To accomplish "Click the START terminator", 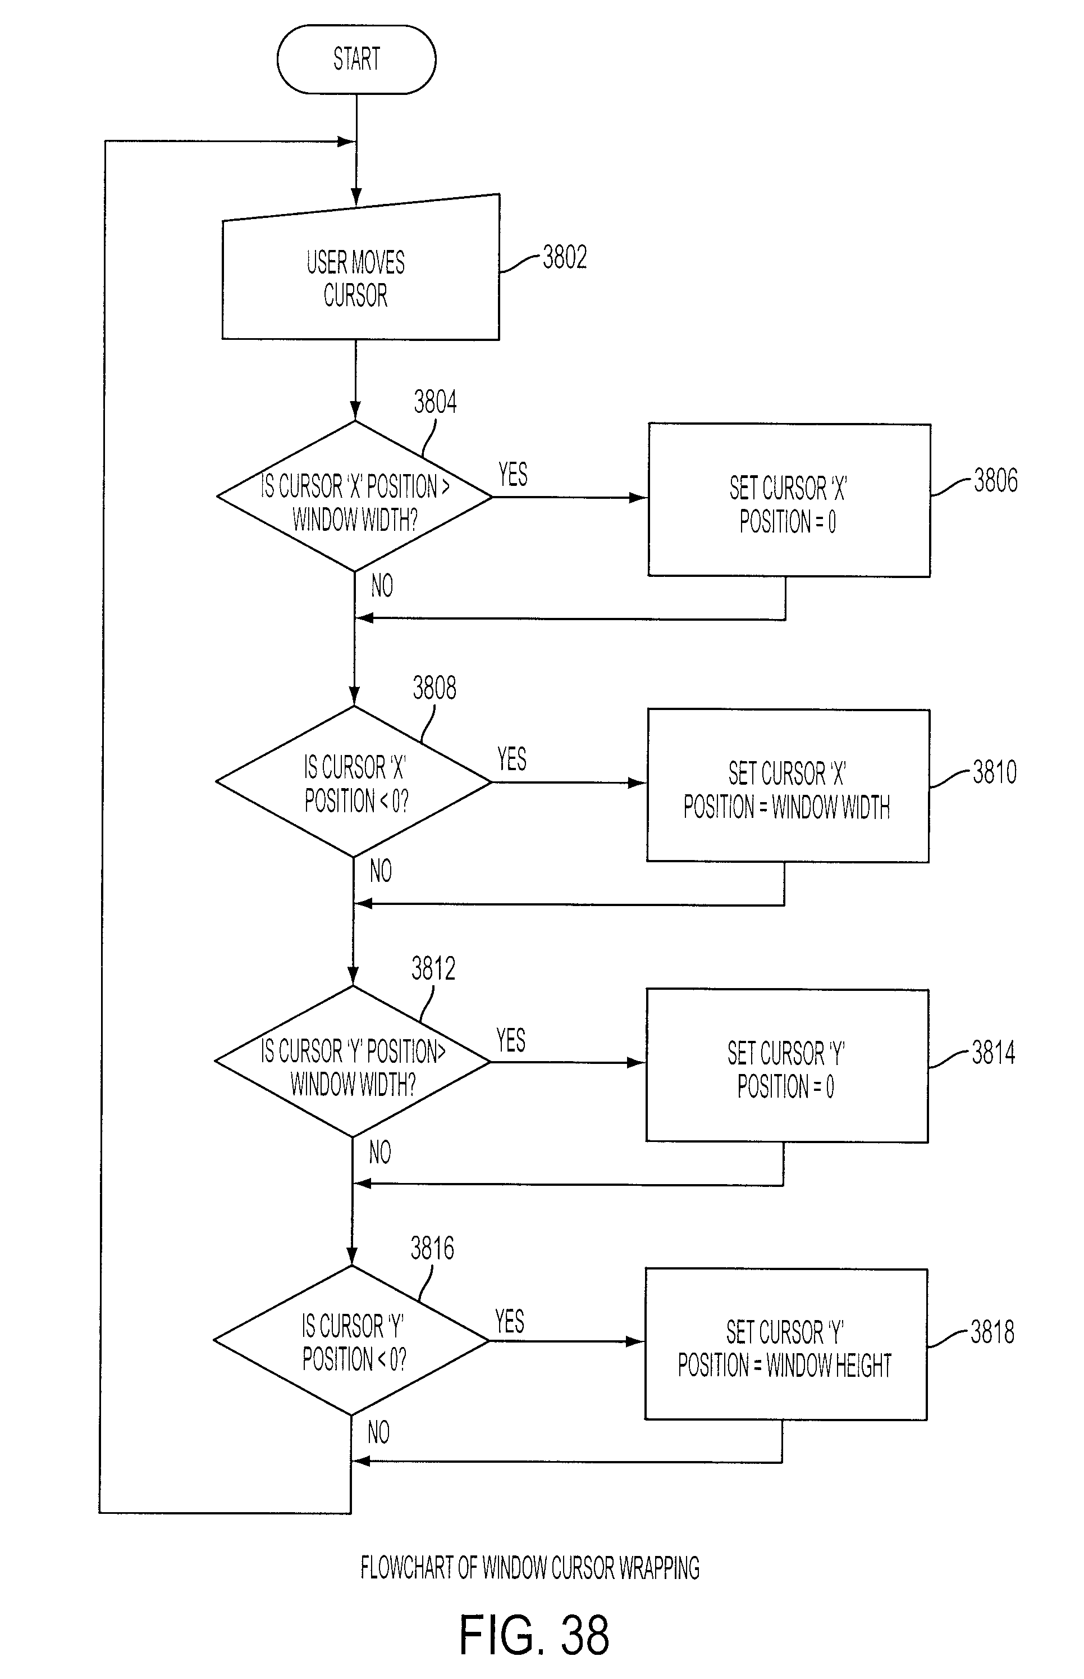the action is [x=356, y=59].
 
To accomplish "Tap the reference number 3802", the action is [x=565, y=258].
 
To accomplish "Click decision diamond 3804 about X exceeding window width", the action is [x=355, y=497].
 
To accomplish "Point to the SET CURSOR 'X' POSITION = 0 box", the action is [x=789, y=500].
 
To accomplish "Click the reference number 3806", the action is [x=995, y=480].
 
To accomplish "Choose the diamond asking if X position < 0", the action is [x=353, y=782].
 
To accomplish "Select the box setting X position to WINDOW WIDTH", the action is [x=788, y=785].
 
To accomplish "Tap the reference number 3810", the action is [x=995, y=772].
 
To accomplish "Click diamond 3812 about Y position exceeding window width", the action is [x=353, y=1061].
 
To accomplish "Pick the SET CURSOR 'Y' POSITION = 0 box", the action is [x=787, y=1066].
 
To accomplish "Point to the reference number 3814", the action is [x=993, y=1053].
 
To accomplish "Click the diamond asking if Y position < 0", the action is [x=351, y=1341].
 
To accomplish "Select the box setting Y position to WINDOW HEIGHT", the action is [x=786, y=1344].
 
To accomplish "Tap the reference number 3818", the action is [x=992, y=1332].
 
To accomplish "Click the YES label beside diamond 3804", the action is [x=513, y=475].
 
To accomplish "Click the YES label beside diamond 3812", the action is [x=511, y=1040].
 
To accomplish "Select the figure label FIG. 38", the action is [x=534, y=1635].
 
